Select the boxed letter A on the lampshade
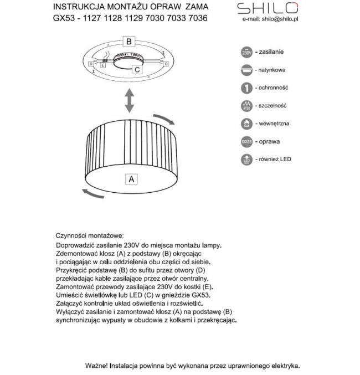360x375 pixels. click(131, 179)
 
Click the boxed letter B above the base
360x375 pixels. click(128, 41)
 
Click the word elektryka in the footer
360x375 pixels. click(284, 366)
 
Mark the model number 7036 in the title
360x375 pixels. click(198, 18)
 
